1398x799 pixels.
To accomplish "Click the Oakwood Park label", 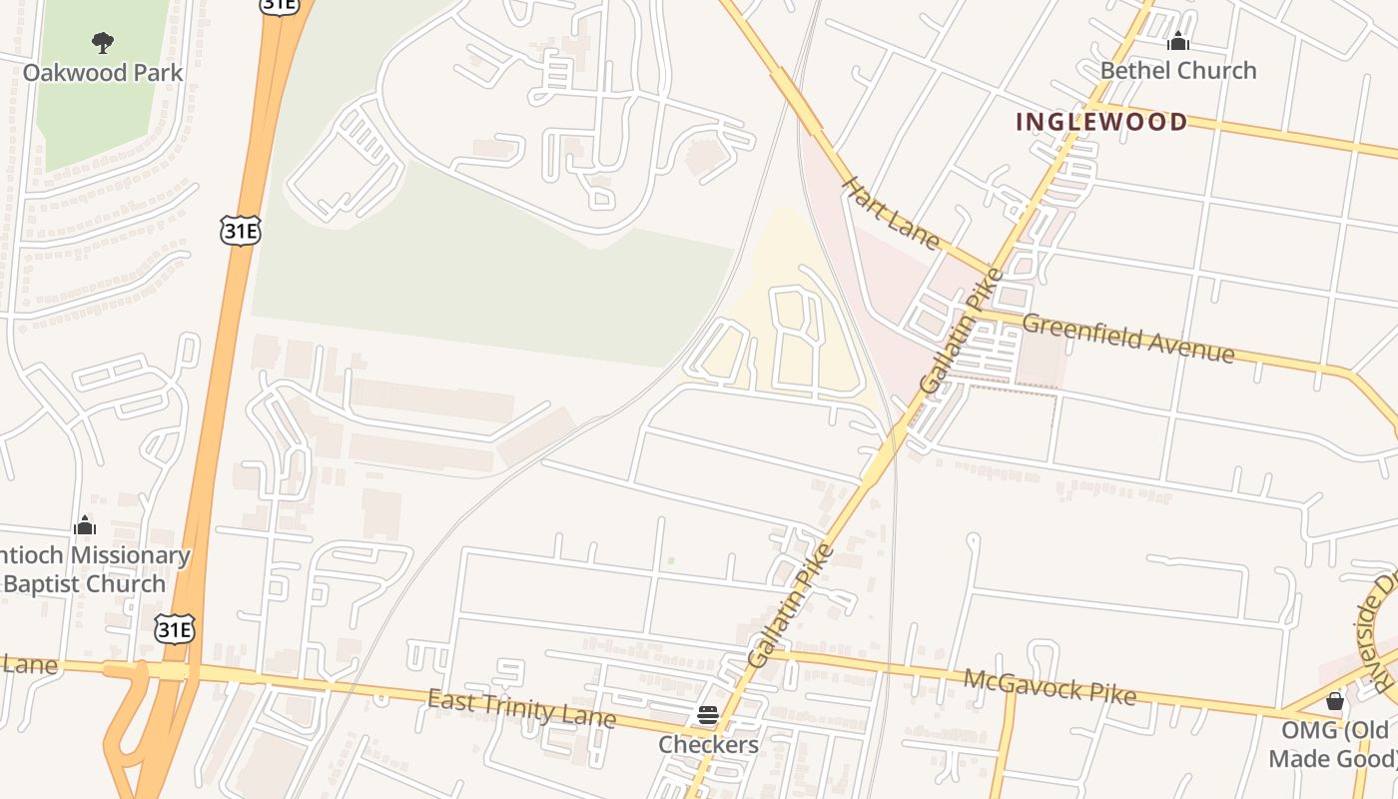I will tap(103, 73).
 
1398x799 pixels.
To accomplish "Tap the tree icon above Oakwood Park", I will tap(102, 42).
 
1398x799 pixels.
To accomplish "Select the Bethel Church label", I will tap(1178, 70).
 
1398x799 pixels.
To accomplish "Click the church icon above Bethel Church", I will tap(1178, 41).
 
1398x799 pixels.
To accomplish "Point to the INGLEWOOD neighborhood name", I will tap(1101, 122).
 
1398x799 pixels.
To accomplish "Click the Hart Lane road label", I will tap(891, 213).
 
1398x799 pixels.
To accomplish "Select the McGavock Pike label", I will tap(1049, 686).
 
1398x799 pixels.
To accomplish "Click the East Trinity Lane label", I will tap(520, 708).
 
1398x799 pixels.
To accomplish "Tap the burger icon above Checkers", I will tap(708, 715).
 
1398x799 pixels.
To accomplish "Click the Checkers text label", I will tap(708, 745).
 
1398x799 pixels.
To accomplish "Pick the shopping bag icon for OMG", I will tap(1334, 701).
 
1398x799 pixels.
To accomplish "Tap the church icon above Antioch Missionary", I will tap(86, 525).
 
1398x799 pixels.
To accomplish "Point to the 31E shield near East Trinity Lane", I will tap(174, 629).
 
